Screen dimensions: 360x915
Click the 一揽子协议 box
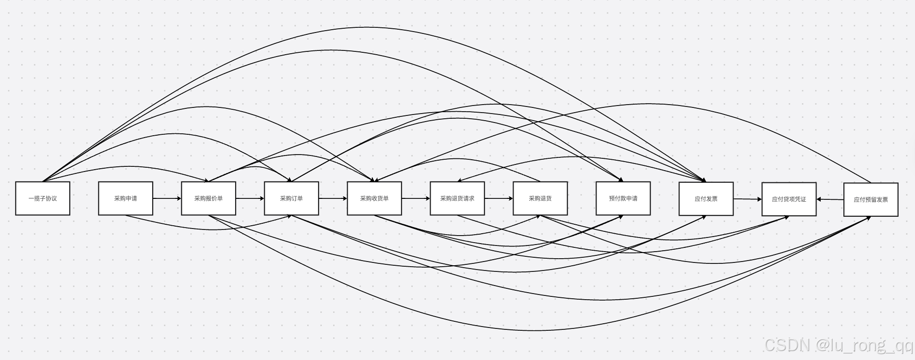[42, 198]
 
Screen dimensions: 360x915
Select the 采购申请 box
[125, 198]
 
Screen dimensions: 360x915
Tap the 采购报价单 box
[208, 198]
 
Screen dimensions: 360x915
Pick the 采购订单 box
[291, 198]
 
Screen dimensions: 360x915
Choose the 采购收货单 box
[374, 198]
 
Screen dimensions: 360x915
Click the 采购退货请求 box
[457, 198]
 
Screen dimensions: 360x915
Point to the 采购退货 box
[540, 198]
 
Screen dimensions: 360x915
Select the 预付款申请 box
[623, 198]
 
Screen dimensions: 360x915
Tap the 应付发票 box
[706, 199]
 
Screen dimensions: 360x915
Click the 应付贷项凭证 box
[789, 199]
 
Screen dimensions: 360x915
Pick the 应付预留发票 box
[871, 200]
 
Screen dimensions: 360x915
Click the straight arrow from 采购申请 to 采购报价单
[167, 198]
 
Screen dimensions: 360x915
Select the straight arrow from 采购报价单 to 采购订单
[250, 198]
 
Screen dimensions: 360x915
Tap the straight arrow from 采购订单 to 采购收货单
[333, 198]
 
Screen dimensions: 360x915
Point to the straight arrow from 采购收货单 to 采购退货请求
[416, 198]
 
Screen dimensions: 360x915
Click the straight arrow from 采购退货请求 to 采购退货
[498, 198]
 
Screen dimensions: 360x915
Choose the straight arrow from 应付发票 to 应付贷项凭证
[747, 199]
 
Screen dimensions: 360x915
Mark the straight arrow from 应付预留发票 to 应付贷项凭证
[830, 199]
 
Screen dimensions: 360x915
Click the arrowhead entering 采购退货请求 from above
[459, 180]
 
